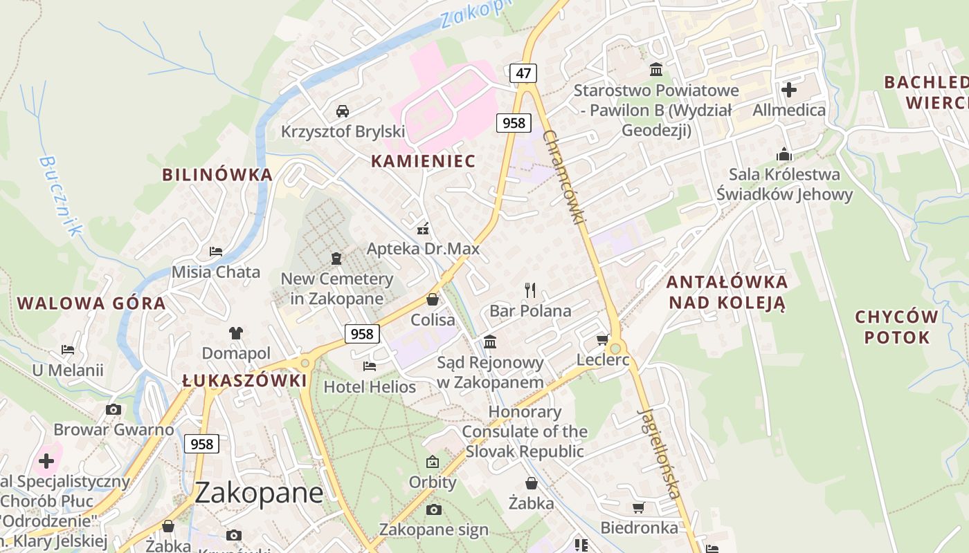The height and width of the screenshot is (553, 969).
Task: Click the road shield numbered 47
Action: tap(523, 73)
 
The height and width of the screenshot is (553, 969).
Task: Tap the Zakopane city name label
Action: tap(259, 493)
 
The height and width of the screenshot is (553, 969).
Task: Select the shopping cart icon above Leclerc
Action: tap(602, 339)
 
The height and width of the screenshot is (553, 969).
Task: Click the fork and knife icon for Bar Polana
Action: tap(530, 290)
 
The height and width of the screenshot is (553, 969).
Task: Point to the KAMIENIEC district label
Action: tap(423, 161)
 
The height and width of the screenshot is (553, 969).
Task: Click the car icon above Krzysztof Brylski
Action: tap(342, 111)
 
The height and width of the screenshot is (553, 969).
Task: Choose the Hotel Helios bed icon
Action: tap(370, 366)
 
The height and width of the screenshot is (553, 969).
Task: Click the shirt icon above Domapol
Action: tap(236, 332)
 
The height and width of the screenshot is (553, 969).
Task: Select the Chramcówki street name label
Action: tap(565, 176)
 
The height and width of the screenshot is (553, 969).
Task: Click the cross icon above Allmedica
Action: tap(789, 89)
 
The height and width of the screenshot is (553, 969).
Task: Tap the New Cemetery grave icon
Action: tap(336, 259)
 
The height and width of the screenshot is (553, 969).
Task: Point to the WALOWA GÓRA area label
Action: tap(91, 303)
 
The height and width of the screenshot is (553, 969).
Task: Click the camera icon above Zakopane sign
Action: tap(433, 510)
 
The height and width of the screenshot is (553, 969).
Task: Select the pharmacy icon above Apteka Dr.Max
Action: tap(423, 228)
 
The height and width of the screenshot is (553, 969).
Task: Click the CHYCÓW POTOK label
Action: tap(896, 327)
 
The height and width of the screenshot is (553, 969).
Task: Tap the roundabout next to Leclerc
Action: tap(615, 348)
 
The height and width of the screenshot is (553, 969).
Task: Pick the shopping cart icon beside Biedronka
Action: tap(638, 508)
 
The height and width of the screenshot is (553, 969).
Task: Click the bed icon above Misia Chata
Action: tap(216, 251)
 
